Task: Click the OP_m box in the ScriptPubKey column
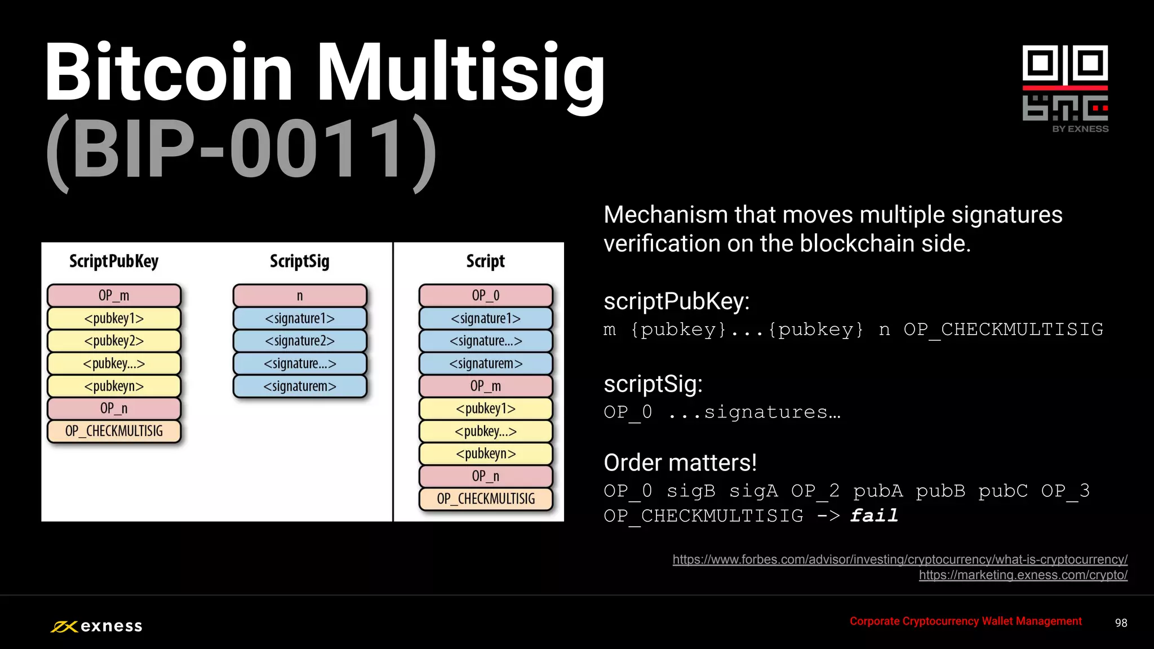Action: pyautogui.click(x=114, y=296)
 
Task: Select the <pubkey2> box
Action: pyautogui.click(x=114, y=341)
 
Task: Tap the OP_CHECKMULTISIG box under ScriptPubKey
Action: pyautogui.click(x=114, y=431)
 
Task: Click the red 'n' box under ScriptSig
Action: pyautogui.click(x=300, y=296)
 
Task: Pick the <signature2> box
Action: pyautogui.click(x=300, y=341)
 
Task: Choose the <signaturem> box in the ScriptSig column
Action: pyautogui.click(x=300, y=386)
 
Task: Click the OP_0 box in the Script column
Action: pyautogui.click(x=486, y=296)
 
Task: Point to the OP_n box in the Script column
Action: pyautogui.click(x=486, y=476)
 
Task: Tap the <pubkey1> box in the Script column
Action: pyautogui.click(x=486, y=408)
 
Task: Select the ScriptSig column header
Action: pyautogui.click(x=300, y=261)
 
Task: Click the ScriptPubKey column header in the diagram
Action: pyautogui.click(x=114, y=261)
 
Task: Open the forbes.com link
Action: pyautogui.click(x=900, y=559)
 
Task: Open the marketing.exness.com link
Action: pyautogui.click(x=1023, y=575)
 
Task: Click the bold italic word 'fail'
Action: pyautogui.click(x=874, y=515)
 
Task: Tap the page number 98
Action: pyautogui.click(x=1121, y=623)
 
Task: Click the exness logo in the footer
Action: pyautogui.click(x=97, y=626)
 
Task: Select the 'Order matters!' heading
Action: pyautogui.click(x=680, y=463)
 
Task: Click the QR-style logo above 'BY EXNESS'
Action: pyautogui.click(x=1065, y=83)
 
